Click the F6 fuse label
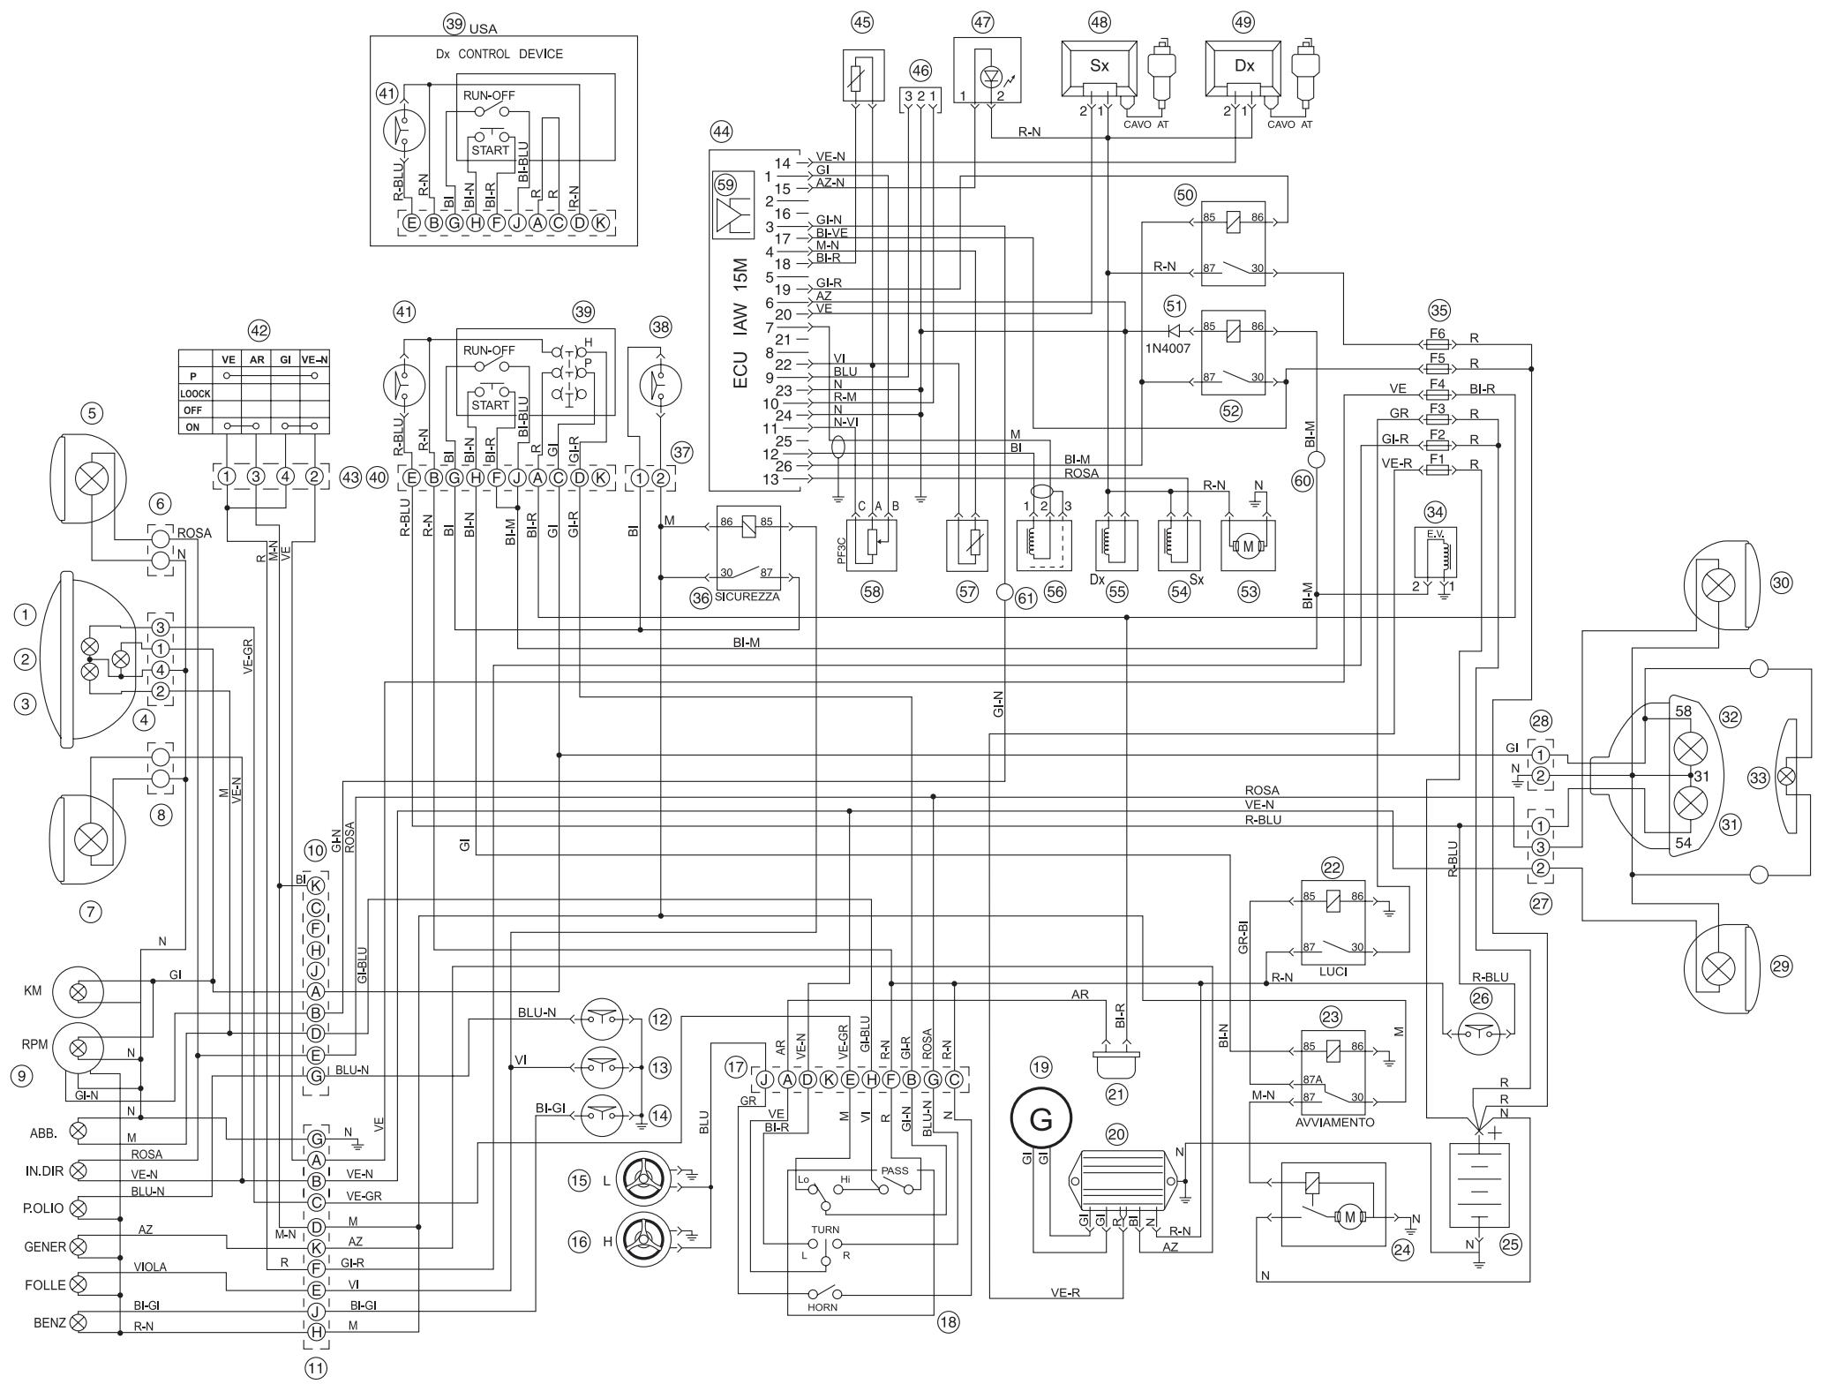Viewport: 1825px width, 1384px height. pyautogui.click(x=1438, y=335)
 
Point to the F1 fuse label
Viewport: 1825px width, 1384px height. pyautogui.click(x=1438, y=460)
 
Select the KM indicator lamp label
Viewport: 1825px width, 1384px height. pyautogui.click(x=33, y=991)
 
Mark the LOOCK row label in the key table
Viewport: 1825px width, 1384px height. pyautogui.click(x=195, y=394)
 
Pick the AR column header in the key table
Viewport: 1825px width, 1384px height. pyautogui.click(x=256, y=359)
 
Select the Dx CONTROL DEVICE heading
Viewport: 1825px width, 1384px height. pyautogui.click(x=499, y=54)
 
